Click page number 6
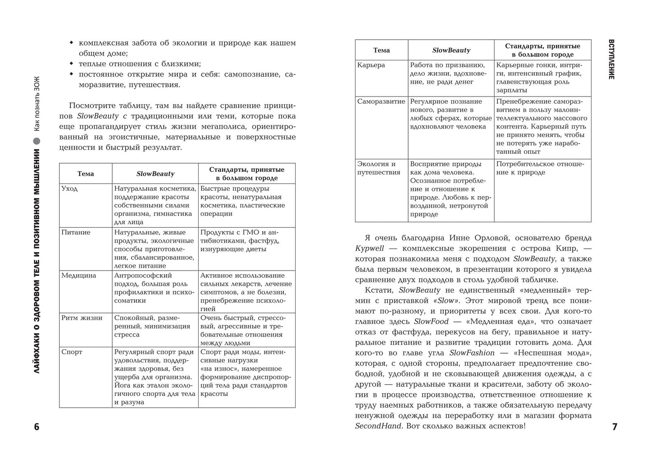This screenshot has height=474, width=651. click(x=37, y=427)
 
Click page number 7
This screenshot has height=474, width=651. click(x=614, y=427)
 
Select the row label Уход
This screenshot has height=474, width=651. click(x=69, y=189)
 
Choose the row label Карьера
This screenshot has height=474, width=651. click(x=371, y=65)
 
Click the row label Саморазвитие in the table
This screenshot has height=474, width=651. click(x=381, y=101)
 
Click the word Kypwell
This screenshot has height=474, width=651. click(x=368, y=249)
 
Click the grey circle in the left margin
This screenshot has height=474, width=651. click(x=37, y=141)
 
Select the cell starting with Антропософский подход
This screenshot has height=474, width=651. click(x=155, y=288)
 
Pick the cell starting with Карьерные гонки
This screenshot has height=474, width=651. click(x=542, y=78)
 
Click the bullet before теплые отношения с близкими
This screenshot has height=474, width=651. click(x=71, y=64)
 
